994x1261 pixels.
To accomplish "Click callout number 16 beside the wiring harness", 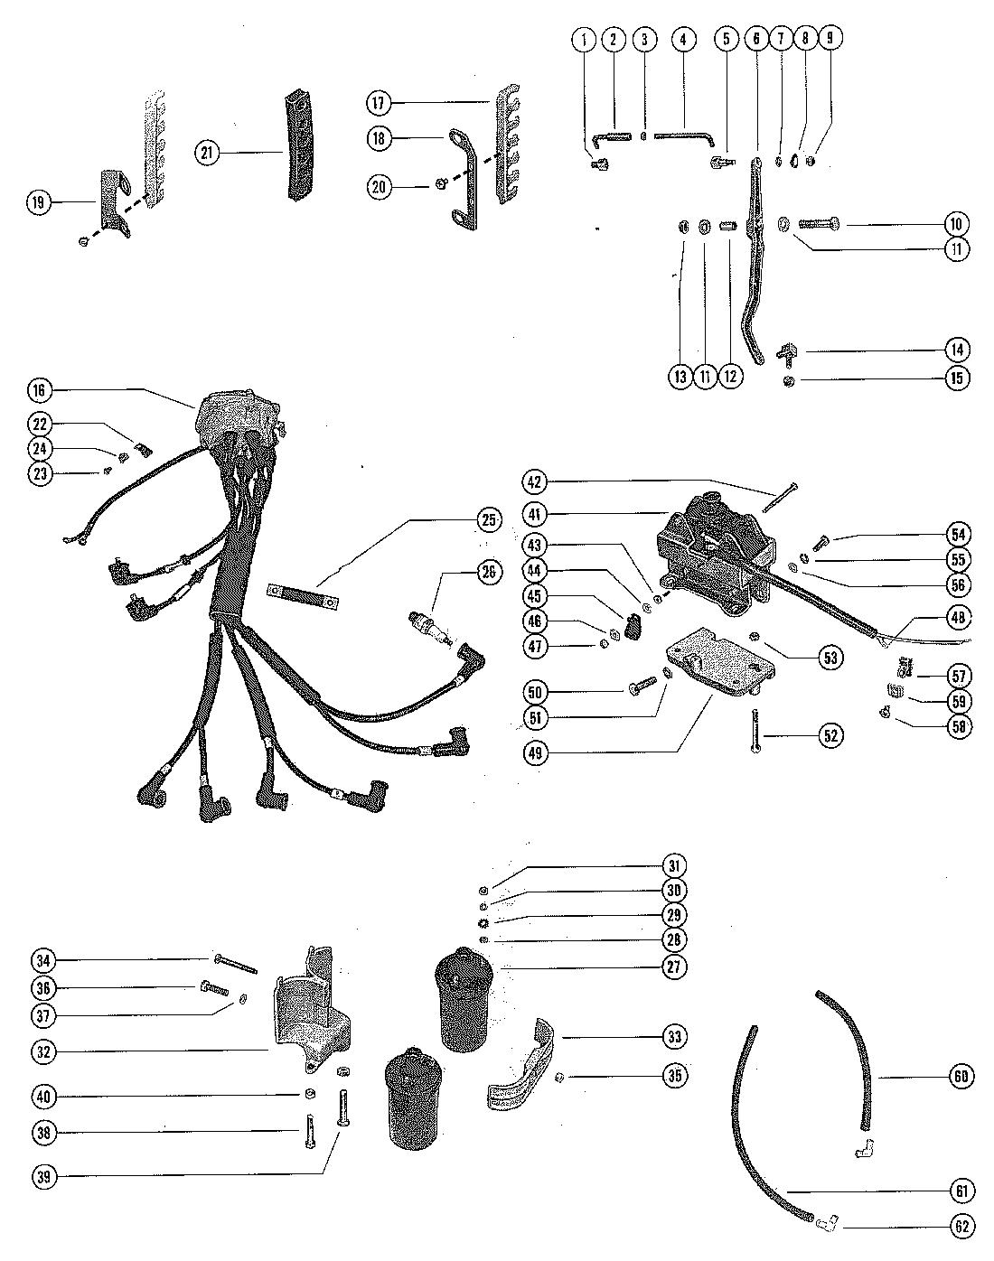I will click(x=40, y=390).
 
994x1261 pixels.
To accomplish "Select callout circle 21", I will click(x=207, y=153).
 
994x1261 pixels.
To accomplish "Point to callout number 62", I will click(x=959, y=1226).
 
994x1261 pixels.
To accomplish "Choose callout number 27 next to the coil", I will click(x=673, y=967).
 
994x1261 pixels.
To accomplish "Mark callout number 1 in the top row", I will click(x=585, y=39).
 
